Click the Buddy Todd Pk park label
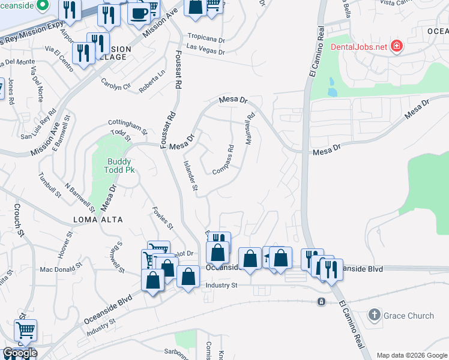[x=120, y=166]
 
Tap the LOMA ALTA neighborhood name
[x=98, y=220]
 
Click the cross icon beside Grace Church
[x=374, y=315]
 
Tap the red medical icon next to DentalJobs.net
[x=396, y=46]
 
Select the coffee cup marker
[x=139, y=13]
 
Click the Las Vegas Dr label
[x=205, y=52]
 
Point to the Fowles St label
[x=163, y=218]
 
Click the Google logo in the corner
[x=19, y=353]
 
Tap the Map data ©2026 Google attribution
[x=411, y=355]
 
